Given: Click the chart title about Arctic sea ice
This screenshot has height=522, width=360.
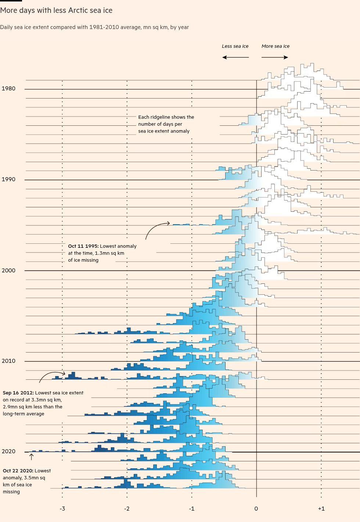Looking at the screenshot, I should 56,10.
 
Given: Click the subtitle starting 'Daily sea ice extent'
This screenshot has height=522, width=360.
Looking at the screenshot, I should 94,27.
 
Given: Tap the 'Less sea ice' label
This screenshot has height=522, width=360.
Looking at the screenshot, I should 235,46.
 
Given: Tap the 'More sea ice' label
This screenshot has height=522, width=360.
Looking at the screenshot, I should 276,46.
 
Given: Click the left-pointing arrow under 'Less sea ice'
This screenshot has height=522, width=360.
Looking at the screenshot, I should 235,57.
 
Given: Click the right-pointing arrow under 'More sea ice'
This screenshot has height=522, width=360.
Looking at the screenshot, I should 275,57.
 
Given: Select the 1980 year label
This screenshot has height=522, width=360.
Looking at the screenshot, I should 8,89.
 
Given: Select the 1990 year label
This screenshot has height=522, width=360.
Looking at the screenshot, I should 8,179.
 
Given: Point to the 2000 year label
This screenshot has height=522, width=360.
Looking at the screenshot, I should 8,270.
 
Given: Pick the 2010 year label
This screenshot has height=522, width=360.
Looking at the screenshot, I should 8,361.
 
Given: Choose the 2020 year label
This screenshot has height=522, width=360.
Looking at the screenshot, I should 8,451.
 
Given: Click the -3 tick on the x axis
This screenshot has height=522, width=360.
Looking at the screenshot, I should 62,509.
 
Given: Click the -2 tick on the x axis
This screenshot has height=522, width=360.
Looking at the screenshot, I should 127,509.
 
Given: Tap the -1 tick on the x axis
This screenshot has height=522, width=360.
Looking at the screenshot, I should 191,509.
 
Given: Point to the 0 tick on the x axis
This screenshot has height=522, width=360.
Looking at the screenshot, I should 256,509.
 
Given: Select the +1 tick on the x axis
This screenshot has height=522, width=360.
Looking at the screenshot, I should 321,509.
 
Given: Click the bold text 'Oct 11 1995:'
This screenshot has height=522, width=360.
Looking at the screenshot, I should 83,246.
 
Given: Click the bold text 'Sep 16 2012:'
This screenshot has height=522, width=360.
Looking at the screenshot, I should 18,393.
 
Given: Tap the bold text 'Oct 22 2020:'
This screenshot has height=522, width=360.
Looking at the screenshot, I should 18,471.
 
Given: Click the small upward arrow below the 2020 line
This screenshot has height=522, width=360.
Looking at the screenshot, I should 32,457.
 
